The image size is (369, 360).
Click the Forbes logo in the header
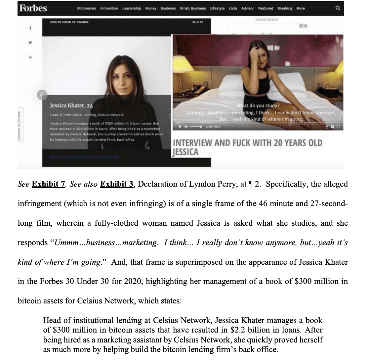(33, 8)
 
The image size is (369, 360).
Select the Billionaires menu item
(87, 8)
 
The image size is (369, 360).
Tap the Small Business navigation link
(193, 8)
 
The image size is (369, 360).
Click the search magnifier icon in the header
(338, 8)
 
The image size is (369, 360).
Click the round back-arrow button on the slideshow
(40, 95)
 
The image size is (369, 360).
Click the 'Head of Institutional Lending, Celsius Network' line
(87, 115)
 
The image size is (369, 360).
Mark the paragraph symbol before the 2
(251, 184)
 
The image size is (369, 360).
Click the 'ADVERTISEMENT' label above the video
(267, 20)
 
